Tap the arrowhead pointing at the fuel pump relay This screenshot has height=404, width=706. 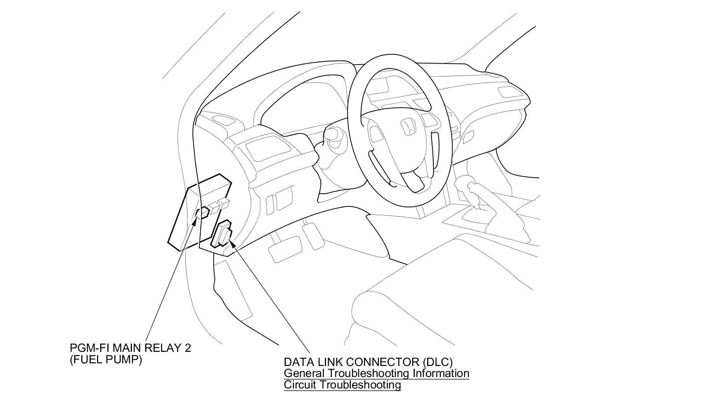point(195,217)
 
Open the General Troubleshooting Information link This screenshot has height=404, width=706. point(376,373)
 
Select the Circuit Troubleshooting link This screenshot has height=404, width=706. point(342,385)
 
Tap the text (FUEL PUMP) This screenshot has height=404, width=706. point(106,360)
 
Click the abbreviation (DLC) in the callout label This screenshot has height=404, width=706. point(437,362)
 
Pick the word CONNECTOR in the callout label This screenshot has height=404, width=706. point(382,362)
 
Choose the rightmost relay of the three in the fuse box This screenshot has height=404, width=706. point(224,203)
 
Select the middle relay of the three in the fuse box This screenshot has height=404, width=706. point(214,207)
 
